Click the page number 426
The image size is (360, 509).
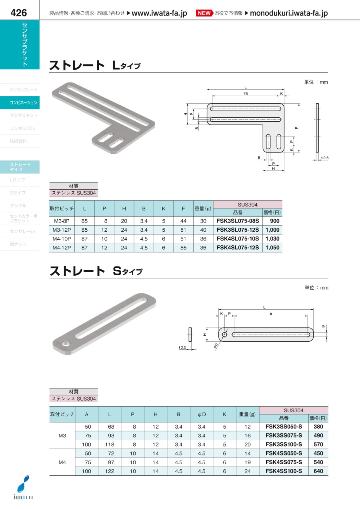[x=19, y=13]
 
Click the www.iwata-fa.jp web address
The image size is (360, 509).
[x=159, y=13]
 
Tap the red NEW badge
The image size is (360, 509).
[x=204, y=13]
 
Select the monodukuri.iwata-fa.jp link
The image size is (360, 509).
[x=289, y=13]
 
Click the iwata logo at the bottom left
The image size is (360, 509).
[x=23, y=487]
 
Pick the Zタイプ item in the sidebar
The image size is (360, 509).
[x=18, y=193]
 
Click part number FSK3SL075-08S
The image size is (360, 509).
[x=238, y=221]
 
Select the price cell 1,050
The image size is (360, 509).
[x=272, y=248]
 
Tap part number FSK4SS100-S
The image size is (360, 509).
[x=284, y=471]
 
